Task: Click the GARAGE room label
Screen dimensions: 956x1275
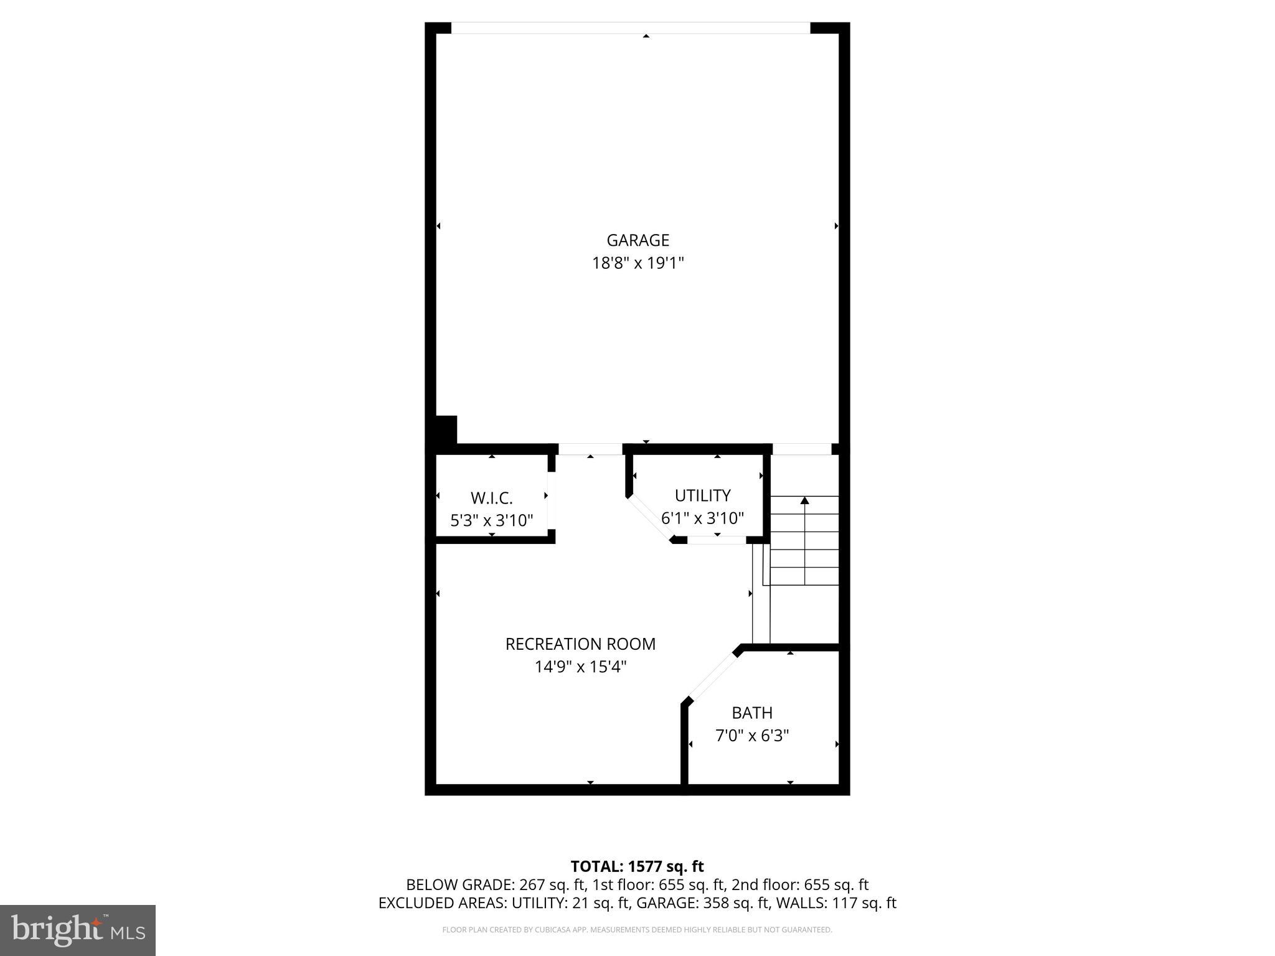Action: [x=637, y=240]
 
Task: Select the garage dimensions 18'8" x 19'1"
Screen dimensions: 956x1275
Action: [x=637, y=263]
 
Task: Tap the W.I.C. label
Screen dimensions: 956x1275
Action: [x=491, y=498]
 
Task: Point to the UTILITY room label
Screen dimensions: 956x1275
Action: [x=702, y=495]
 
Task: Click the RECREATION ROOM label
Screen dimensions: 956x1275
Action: [x=580, y=644]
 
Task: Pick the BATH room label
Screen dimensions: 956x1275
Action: [x=752, y=713]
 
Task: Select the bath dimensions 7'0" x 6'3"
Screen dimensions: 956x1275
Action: [x=752, y=736]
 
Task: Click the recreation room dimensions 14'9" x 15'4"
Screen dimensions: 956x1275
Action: [x=580, y=667]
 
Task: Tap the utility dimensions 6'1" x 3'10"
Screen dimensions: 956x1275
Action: [x=702, y=518]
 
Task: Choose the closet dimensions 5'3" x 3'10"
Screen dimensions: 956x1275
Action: [x=491, y=520]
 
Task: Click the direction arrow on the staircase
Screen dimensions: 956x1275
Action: [x=804, y=501]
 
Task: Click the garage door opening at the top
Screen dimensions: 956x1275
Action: [x=631, y=28]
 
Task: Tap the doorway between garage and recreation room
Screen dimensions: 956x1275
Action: [x=590, y=449]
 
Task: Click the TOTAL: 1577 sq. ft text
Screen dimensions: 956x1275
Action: [x=637, y=866]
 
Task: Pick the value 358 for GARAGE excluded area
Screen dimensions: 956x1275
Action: [x=716, y=903]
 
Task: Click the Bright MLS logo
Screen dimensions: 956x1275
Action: [x=78, y=930]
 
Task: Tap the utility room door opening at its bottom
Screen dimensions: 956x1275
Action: [x=717, y=540]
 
